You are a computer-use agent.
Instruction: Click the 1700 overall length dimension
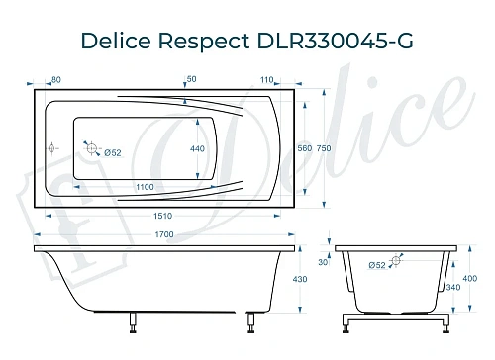(x=164, y=233)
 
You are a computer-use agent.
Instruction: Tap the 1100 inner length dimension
(x=145, y=187)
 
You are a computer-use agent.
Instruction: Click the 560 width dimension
(x=304, y=147)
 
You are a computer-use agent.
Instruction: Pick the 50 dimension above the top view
(x=190, y=78)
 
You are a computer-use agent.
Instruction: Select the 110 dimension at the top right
(x=267, y=78)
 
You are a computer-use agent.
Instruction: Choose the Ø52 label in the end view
(x=377, y=265)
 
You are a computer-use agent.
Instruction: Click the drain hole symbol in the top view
(x=93, y=149)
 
